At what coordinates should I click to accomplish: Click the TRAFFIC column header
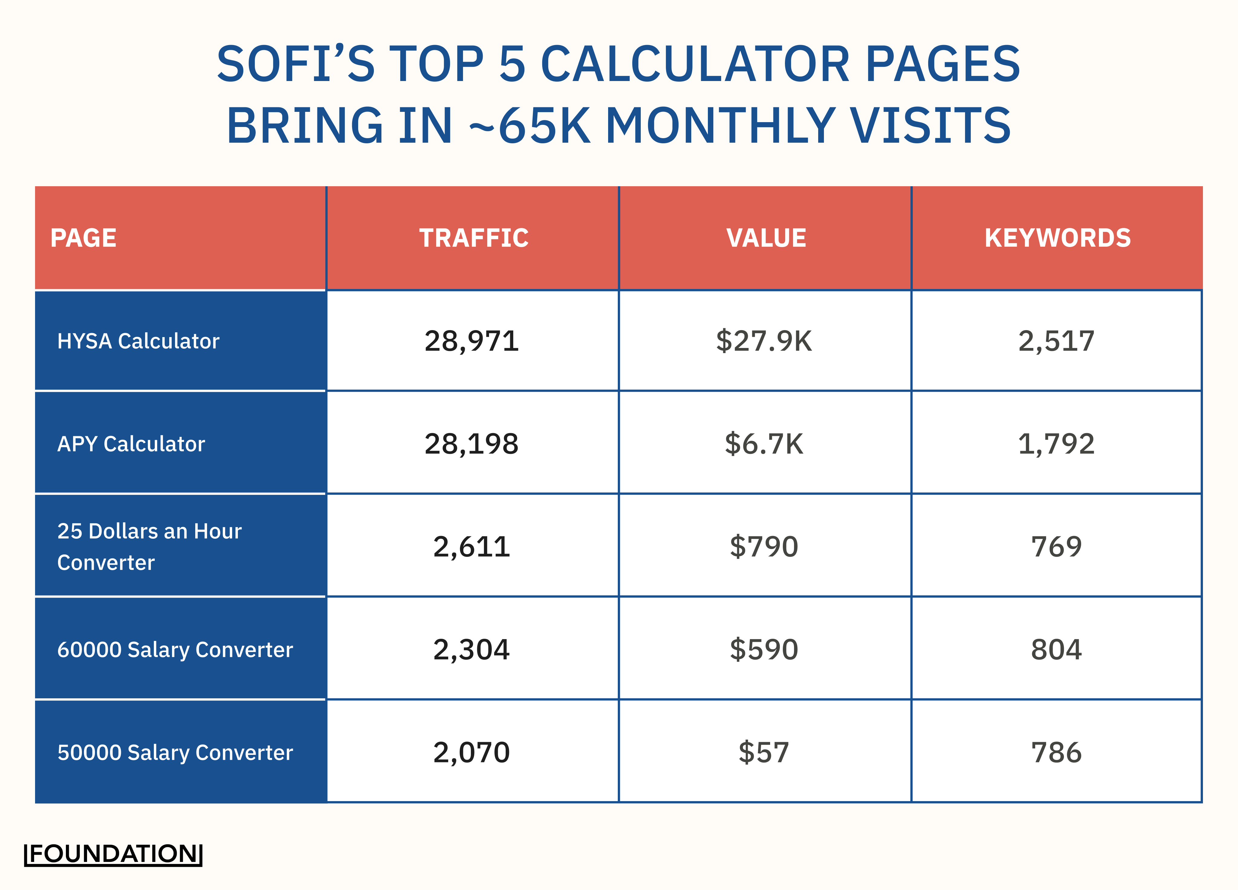473,238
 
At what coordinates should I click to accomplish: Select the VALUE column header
766,238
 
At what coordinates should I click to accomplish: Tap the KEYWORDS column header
1057,238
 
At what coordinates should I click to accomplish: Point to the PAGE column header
83,238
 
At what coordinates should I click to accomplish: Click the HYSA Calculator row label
138,341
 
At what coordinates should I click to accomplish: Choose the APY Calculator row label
131,444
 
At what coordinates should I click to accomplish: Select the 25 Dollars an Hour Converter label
149,547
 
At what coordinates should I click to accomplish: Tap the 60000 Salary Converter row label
175,650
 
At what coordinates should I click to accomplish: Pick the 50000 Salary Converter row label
175,752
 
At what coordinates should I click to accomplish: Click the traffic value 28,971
472,341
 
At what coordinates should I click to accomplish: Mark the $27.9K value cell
764,341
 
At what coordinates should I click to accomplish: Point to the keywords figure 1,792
1056,444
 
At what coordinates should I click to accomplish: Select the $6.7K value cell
764,444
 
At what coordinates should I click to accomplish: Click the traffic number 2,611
472,547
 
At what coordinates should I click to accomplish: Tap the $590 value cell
764,650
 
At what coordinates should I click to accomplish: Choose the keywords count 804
1056,650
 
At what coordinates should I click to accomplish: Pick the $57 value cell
764,752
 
